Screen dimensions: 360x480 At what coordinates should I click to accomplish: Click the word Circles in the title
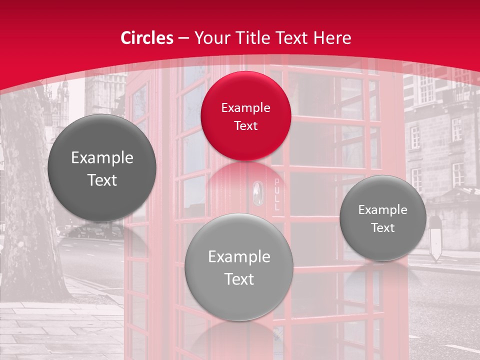[147, 38]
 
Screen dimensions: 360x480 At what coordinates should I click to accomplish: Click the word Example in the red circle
[245, 108]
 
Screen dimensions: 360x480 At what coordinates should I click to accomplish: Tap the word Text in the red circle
[245, 126]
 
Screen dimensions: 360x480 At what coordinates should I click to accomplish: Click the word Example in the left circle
[102, 158]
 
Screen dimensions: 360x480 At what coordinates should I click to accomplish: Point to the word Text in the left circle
[102, 180]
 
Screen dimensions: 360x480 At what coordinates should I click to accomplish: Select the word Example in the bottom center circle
[239, 257]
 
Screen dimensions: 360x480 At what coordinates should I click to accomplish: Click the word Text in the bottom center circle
[239, 279]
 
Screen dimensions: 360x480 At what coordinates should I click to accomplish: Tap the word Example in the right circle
[382, 210]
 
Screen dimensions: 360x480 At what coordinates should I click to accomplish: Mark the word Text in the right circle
[382, 228]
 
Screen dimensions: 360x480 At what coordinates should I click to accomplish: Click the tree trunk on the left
[30, 200]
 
